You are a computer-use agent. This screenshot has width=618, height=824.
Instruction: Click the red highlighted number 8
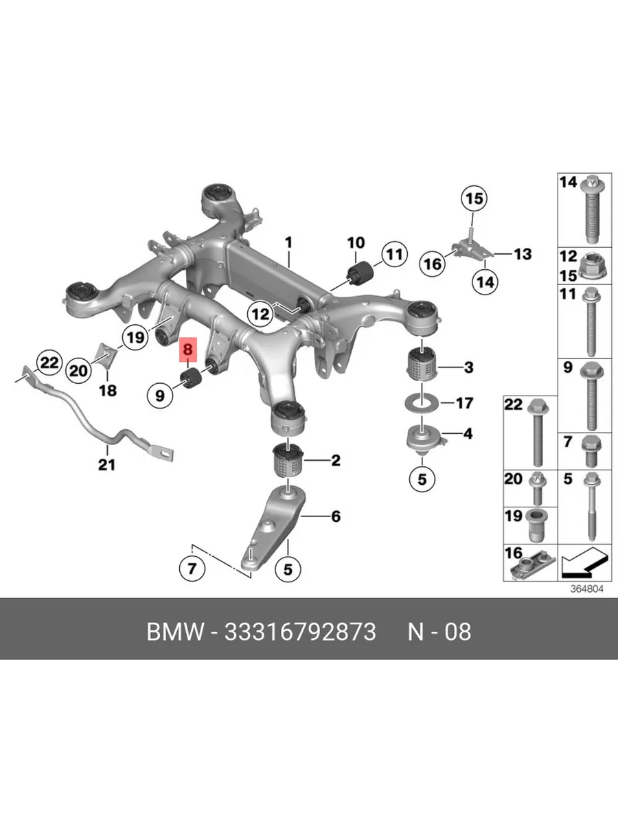click(187, 350)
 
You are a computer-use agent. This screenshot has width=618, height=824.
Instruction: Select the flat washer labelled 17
click(422, 404)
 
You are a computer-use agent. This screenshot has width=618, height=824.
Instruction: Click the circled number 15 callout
click(474, 198)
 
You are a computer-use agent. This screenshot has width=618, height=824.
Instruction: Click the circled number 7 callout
click(192, 569)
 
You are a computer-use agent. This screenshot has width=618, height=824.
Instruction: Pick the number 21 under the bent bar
click(106, 466)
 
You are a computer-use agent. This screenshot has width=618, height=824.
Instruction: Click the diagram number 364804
click(586, 589)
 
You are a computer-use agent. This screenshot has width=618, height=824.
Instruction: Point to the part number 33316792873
click(300, 632)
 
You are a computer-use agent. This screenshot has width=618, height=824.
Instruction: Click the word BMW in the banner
click(175, 632)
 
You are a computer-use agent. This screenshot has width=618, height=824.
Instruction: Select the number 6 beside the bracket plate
click(336, 517)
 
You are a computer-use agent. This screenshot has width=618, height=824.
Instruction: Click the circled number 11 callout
click(394, 255)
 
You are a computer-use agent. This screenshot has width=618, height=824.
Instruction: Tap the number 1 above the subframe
click(288, 242)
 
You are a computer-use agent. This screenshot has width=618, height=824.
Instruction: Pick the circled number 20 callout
click(78, 371)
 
